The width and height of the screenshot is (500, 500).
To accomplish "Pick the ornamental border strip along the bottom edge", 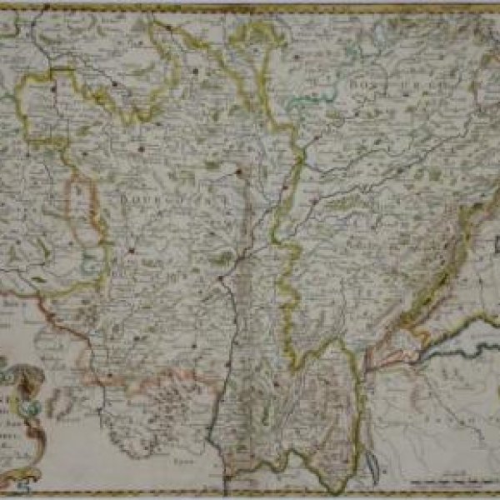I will point(250,494).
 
